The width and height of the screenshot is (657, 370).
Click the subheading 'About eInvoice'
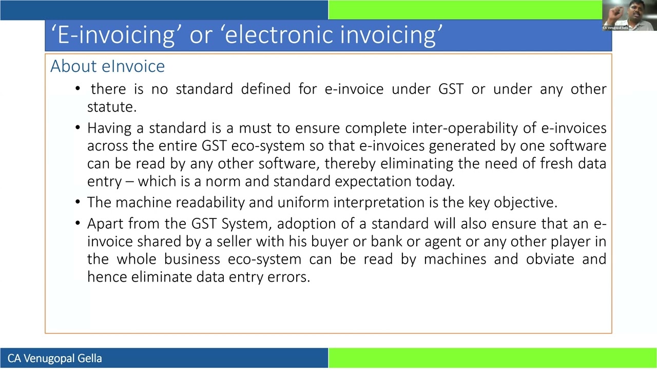(x=107, y=66)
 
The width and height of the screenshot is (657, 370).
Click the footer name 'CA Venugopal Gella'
(x=54, y=358)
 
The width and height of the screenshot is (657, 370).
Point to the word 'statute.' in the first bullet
(x=111, y=107)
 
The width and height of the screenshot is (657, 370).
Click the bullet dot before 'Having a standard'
(x=78, y=128)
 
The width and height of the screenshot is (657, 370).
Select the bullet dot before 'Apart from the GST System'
(x=78, y=224)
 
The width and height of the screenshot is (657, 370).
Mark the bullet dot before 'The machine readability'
(x=78, y=202)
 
